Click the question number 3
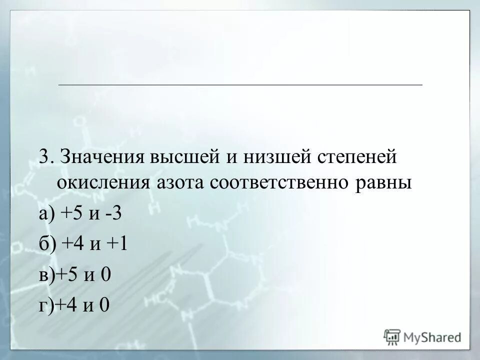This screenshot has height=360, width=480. click(44, 157)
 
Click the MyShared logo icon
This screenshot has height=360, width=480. click(392, 336)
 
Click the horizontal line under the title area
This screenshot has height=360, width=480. click(240, 85)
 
